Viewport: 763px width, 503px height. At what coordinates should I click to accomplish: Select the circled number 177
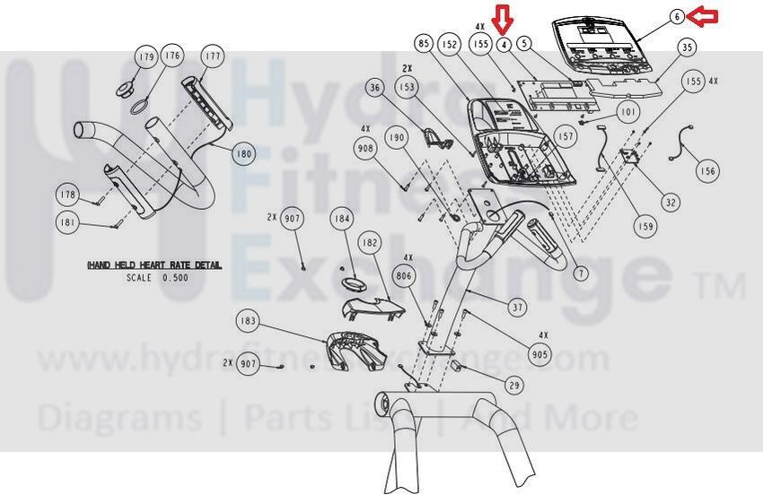[213, 56]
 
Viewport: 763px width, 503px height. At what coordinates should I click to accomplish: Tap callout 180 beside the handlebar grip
[244, 153]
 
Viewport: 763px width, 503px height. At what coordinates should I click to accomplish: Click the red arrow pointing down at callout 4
[504, 19]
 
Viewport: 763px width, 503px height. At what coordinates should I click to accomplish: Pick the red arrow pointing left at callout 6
[705, 15]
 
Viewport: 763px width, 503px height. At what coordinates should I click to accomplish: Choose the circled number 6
[677, 16]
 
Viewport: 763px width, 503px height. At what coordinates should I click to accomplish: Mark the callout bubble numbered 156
[708, 170]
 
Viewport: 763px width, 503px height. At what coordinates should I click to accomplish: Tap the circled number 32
[671, 202]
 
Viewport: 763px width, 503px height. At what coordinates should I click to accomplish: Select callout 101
[627, 113]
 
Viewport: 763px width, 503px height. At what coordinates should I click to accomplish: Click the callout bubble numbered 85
[425, 43]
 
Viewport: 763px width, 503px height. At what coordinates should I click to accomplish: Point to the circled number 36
[375, 87]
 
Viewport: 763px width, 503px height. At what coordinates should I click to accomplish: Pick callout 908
[366, 148]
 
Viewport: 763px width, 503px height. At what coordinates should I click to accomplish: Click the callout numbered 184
[340, 218]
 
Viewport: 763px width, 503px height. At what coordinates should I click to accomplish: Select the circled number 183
[248, 320]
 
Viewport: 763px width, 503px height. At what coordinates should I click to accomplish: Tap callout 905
[539, 355]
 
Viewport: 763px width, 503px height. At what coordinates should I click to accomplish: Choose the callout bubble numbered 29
[513, 386]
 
